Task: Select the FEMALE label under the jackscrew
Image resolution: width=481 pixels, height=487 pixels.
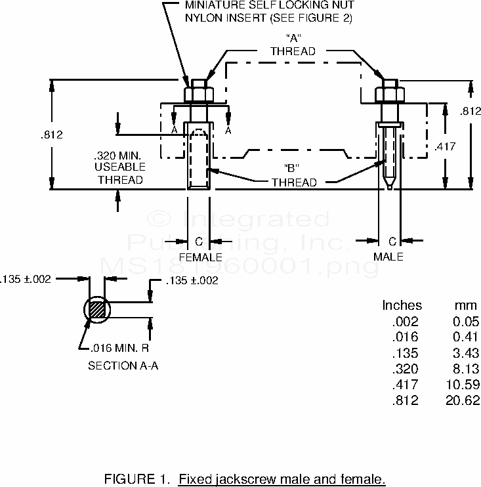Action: tap(200, 257)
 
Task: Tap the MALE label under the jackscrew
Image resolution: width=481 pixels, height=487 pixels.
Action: tap(388, 257)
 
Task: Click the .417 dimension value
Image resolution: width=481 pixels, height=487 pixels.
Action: tap(445, 146)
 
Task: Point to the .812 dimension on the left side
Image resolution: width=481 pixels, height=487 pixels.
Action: tap(52, 135)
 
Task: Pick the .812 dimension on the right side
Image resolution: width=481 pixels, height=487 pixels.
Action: tap(471, 112)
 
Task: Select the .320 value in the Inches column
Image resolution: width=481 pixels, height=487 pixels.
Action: tap(405, 369)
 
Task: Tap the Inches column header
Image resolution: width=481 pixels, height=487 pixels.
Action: tap(402, 305)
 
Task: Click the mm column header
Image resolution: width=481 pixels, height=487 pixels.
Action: tap(465, 305)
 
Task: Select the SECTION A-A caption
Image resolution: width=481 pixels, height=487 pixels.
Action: tap(123, 366)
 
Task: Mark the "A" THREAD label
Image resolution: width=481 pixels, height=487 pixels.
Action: tap(293, 45)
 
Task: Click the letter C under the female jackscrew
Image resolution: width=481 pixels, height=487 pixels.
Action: tap(199, 242)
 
